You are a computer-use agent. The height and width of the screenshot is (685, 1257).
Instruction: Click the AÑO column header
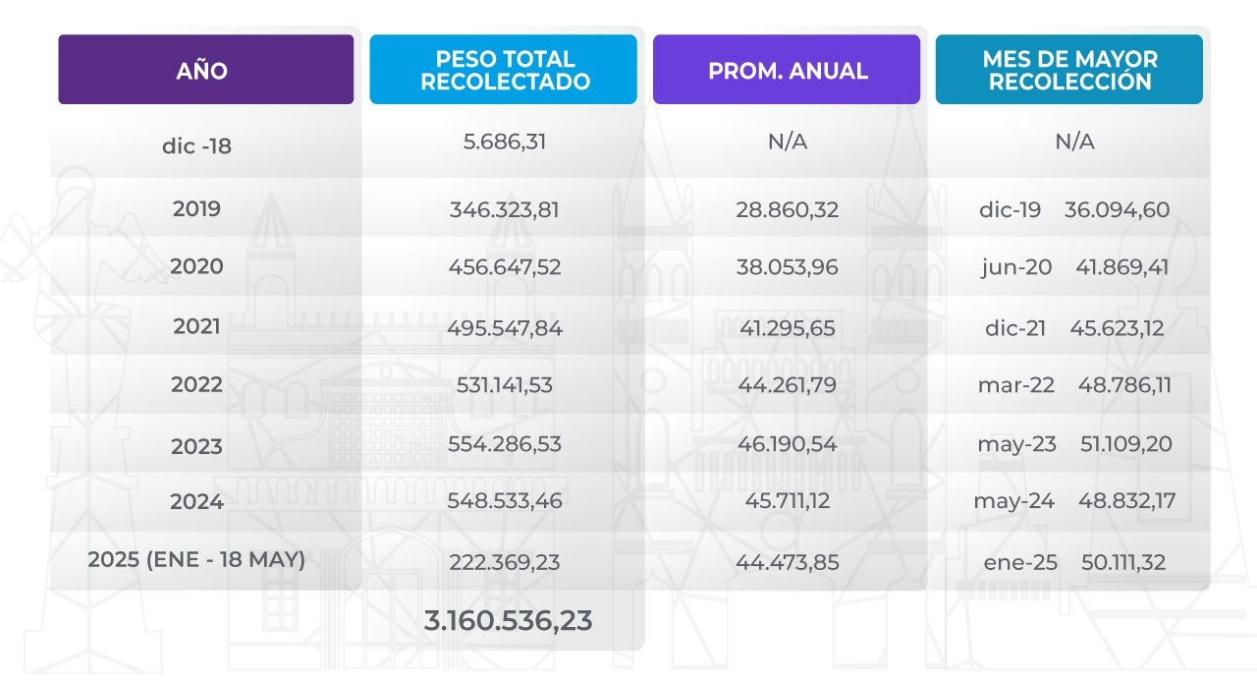205,70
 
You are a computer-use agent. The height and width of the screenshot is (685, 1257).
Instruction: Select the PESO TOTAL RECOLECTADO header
504,70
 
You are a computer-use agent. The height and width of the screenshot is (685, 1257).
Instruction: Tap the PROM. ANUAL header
787,70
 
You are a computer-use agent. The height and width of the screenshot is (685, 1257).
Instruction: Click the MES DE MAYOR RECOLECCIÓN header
1068,70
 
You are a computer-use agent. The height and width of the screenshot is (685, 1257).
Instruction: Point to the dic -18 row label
196,146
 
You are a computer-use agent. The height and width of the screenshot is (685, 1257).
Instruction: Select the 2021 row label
196,326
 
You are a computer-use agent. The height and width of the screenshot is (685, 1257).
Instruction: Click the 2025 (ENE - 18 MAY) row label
196,560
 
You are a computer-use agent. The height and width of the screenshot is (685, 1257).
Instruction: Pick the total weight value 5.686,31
504,142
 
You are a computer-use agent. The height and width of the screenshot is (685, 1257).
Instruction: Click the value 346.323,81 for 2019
504,209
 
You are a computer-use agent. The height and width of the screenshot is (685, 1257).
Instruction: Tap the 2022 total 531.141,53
504,385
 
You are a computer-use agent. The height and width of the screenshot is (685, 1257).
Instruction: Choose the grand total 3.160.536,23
508,621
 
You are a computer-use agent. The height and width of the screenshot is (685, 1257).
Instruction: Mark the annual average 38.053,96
787,267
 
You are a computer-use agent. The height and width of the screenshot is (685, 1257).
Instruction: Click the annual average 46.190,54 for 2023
787,444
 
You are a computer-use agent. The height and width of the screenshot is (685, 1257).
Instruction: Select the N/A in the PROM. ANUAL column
787,142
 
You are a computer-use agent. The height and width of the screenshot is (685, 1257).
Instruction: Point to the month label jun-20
1015,267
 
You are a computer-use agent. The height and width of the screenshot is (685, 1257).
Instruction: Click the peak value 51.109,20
1124,444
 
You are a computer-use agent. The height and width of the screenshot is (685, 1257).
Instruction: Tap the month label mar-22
1015,385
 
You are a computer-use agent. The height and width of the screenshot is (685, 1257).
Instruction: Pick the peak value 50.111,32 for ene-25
1123,563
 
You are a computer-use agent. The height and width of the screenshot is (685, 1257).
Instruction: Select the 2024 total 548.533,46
504,501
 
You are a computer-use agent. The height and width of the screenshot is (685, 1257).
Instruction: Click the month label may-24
1013,501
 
